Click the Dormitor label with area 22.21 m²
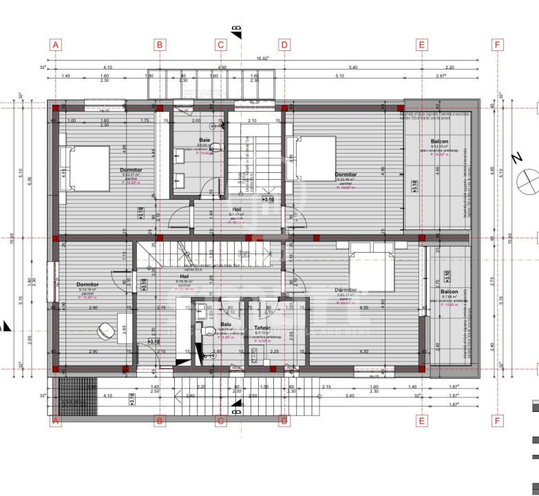(x=131, y=170)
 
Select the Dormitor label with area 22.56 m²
(x=346, y=175)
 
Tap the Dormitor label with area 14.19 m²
(x=87, y=285)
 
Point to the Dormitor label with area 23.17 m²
(x=346, y=290)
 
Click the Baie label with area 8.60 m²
(x=204, y=140)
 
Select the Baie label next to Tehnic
(x=226, y=324)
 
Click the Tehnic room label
(x=262, y=328)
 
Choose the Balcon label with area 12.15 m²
(x=439, y=141)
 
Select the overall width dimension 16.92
(x=263, y=59)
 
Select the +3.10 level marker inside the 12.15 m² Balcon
(x=414, y=187)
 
